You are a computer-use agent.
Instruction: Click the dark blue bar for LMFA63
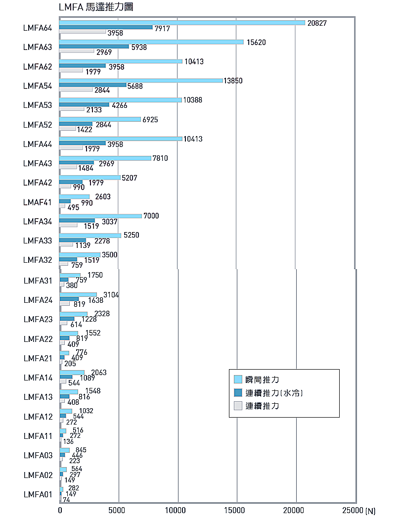tap(94, 47)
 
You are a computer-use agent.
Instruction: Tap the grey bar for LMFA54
tap(76, 90)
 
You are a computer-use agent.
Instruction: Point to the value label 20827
tap(317, 23)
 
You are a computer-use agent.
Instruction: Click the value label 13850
tap(233, 81)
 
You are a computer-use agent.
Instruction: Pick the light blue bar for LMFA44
tap(121, 139)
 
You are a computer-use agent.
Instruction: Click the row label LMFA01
tap(38, 494)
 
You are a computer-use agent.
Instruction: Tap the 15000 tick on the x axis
tap(237, 510)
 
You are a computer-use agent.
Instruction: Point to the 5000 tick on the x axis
tap(119, 510)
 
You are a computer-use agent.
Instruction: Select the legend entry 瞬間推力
tap(263, 380)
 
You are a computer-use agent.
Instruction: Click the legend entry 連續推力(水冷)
tap(274, 393)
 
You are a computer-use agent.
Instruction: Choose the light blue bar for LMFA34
tap(100, 216)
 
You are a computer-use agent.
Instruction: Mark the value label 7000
tap(151, 216)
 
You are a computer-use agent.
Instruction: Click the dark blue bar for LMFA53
tap(84, 104)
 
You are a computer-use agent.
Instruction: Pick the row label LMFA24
tap(38, 300)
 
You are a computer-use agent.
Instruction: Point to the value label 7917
tap(162, 29)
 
